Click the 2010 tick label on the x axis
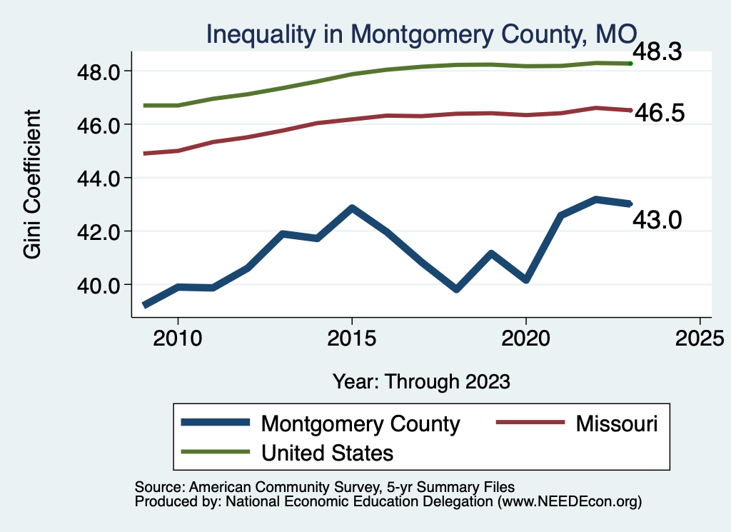pos(178,338)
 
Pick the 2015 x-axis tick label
pos(351,338)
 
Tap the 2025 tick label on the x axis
pos(700,338)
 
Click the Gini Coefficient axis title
pos(32,184)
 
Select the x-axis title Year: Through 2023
pos(421,381)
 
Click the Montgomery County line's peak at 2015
pos(351,209)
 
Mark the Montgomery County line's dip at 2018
pos(456,289)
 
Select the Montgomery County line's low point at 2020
pos(526,280)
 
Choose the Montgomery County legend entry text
pos(361,423)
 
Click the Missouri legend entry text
pos(617,423)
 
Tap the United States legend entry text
pos(328,452)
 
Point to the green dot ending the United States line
pos(630,64)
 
